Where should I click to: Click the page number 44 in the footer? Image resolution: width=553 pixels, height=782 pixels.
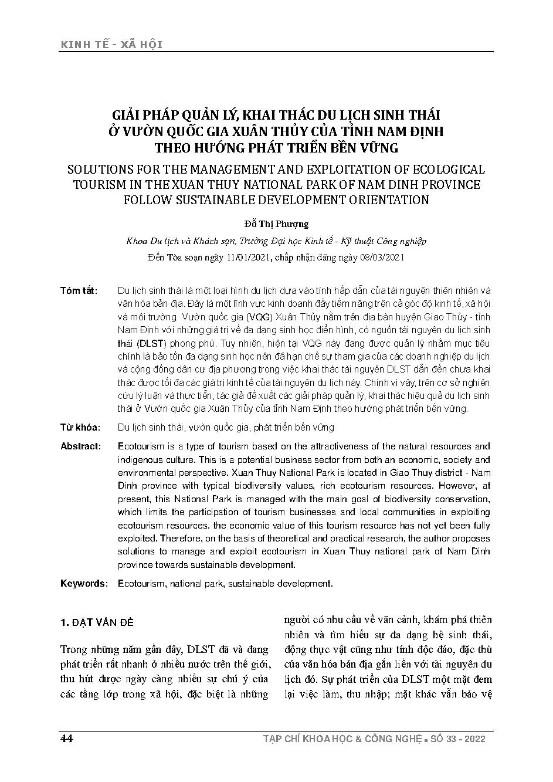pyautogui.click(x=66, y=739)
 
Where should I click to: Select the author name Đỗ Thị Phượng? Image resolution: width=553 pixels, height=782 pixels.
pyautogui.click(x=276, y=224)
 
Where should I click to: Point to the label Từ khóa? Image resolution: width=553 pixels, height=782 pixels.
pyautogui.click(x=80, y=427)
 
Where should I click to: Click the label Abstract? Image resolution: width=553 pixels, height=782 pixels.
pyautogui.click(x=81, y=446)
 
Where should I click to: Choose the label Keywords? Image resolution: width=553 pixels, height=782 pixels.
pyautogui.click(x=84, y=584)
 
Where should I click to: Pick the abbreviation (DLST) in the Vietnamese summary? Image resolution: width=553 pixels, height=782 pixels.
pyautogui.click(x=152, y=343)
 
